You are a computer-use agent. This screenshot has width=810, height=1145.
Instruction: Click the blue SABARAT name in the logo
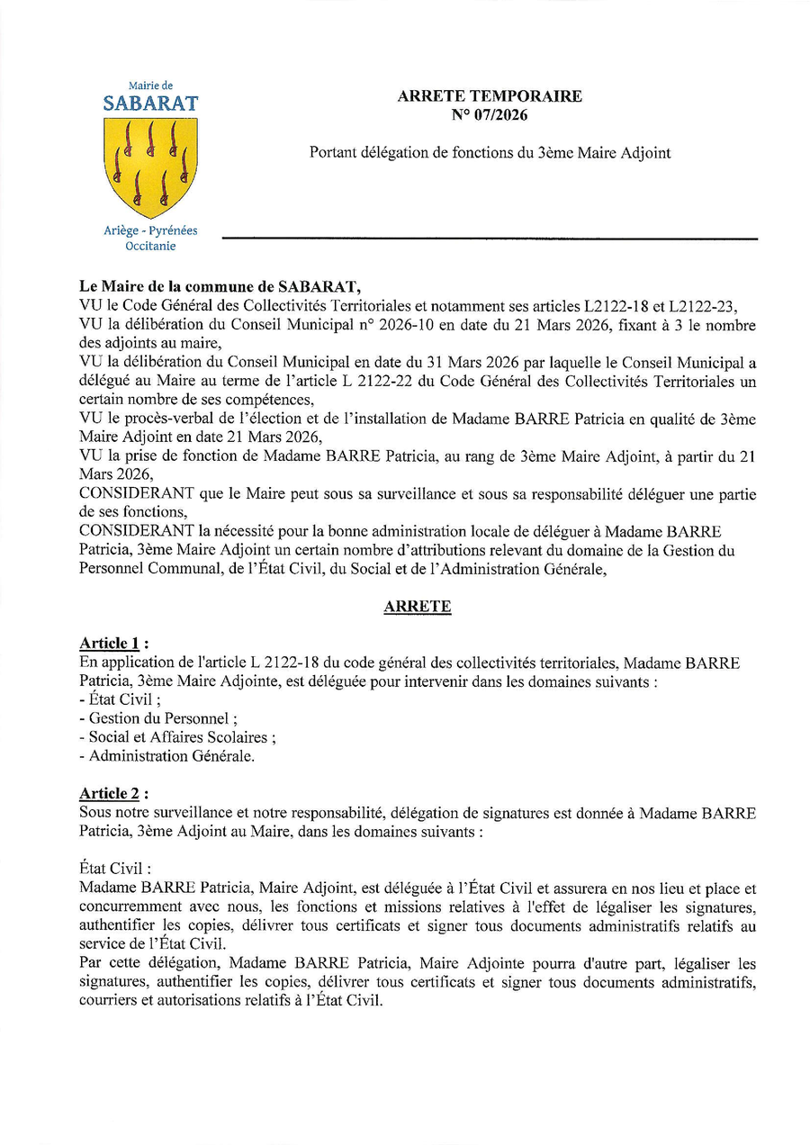[150, 104]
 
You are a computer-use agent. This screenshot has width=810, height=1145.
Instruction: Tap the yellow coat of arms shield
[150, 165]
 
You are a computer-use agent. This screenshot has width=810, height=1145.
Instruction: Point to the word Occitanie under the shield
[150, 246]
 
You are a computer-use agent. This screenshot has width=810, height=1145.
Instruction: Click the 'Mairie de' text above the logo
[150, 86]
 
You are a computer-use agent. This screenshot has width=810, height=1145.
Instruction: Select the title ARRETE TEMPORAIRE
[490, 96]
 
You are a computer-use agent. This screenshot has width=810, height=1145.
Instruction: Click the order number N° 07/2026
[490, 114]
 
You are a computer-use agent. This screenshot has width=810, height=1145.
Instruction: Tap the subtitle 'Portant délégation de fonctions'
[490, 153]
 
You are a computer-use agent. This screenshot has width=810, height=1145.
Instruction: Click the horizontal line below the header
[490, 239]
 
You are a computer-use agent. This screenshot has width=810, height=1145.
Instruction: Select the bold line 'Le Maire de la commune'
[220, 288]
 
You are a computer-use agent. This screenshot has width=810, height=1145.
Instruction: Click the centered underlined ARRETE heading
[417, 607]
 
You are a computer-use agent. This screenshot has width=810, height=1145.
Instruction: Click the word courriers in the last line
[107, 1000]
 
